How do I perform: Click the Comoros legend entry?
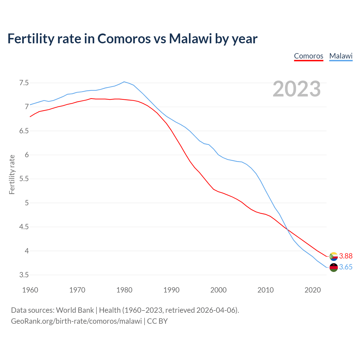point(309,56)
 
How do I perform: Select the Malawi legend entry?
point(341,56)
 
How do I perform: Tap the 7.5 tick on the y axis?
point(24,83)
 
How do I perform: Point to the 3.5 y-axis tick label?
point(24,275)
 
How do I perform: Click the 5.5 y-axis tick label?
point(24,179)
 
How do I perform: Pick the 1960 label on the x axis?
point(30,290)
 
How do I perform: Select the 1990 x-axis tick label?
point(171,290)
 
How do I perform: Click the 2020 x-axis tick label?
point(312,290)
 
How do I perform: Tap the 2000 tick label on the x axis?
point(218,290)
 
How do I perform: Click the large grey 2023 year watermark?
point(297,89)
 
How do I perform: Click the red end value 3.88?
point(346,256)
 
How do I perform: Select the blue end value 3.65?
point(346,267)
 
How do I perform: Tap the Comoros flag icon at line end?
point(334,256)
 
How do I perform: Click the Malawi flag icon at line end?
point(334,267)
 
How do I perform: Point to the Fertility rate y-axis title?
point(12,174)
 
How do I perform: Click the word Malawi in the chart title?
point(190,39)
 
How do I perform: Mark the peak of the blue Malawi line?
point(124,82)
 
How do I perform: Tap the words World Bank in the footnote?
point(75,310)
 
